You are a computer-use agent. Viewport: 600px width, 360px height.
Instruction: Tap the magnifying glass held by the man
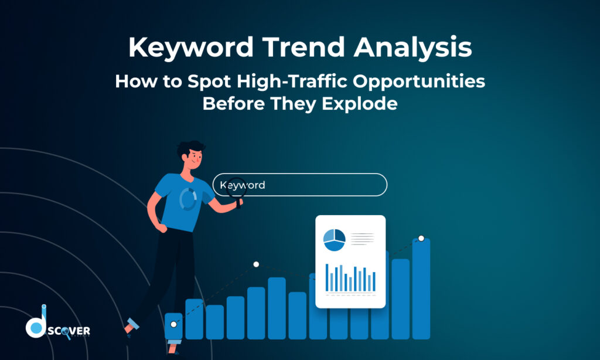(237, 188)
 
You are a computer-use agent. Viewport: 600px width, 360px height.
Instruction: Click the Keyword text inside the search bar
(243, 185)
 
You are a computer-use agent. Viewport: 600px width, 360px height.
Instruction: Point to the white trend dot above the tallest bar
(421, 238)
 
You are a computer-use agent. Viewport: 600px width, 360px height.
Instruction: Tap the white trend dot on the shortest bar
(173, 324)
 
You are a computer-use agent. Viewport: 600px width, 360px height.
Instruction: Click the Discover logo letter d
(36, 325)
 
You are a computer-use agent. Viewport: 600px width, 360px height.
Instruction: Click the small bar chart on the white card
(350, 277)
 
